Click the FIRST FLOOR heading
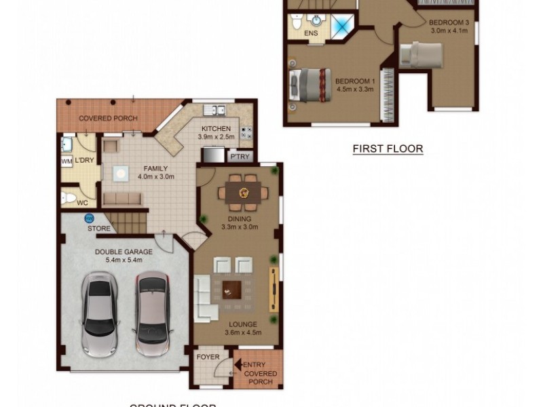(x=388, y=149)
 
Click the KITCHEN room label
(x=216, y=128)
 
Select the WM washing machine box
(x=67, y=161)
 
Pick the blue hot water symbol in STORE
(x=89, y=218)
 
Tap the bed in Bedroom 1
(x=311, y=85)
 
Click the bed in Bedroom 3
(x=422, y=53)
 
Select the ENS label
(x=312, y=33)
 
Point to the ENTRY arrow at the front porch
(x=238, y=365)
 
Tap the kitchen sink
(x=216, y=110)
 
